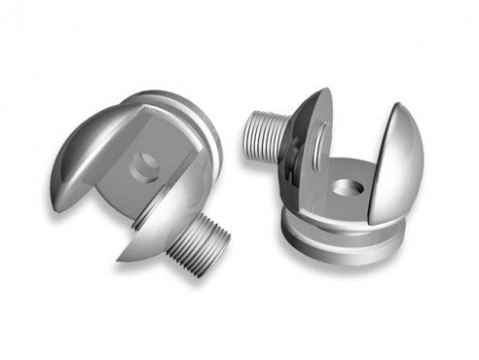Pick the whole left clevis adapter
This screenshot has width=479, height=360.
(x=146, y=175)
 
